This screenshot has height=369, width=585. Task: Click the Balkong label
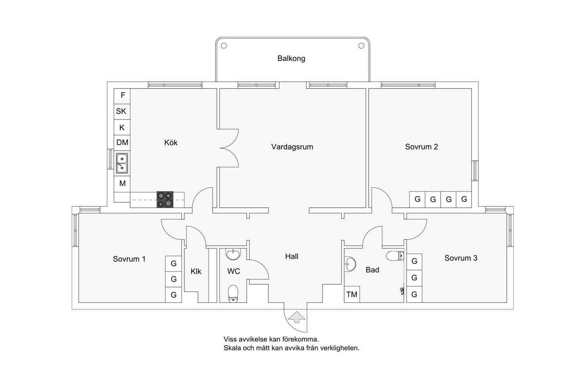(x=291, y=58)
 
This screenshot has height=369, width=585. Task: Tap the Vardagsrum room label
(x=292, y=147)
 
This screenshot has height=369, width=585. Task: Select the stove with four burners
(x=165, y=199)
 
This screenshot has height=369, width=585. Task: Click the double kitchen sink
(x=122, y=163)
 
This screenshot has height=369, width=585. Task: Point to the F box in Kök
(x=122, y=96)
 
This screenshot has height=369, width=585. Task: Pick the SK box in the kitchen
(x=122, y=112)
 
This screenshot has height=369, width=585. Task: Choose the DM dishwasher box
(x=122, y=143)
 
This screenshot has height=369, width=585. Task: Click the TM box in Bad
(x=352, y=294)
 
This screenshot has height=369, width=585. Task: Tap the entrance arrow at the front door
(x=296, y=317)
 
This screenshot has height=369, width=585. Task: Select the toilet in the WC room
(x=233, y=293)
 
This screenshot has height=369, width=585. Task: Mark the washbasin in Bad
(x=350, y=264)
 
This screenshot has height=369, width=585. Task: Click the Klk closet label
(x=196, y=272)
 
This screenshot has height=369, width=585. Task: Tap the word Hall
(x=292, y=256)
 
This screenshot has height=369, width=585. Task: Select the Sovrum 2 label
(x=421, y=147)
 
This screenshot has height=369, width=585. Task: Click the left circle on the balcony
(x=224, y=46)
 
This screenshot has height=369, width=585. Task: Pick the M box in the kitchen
(x=122, y=184)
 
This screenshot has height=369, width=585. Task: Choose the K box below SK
(x=122, y=128)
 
